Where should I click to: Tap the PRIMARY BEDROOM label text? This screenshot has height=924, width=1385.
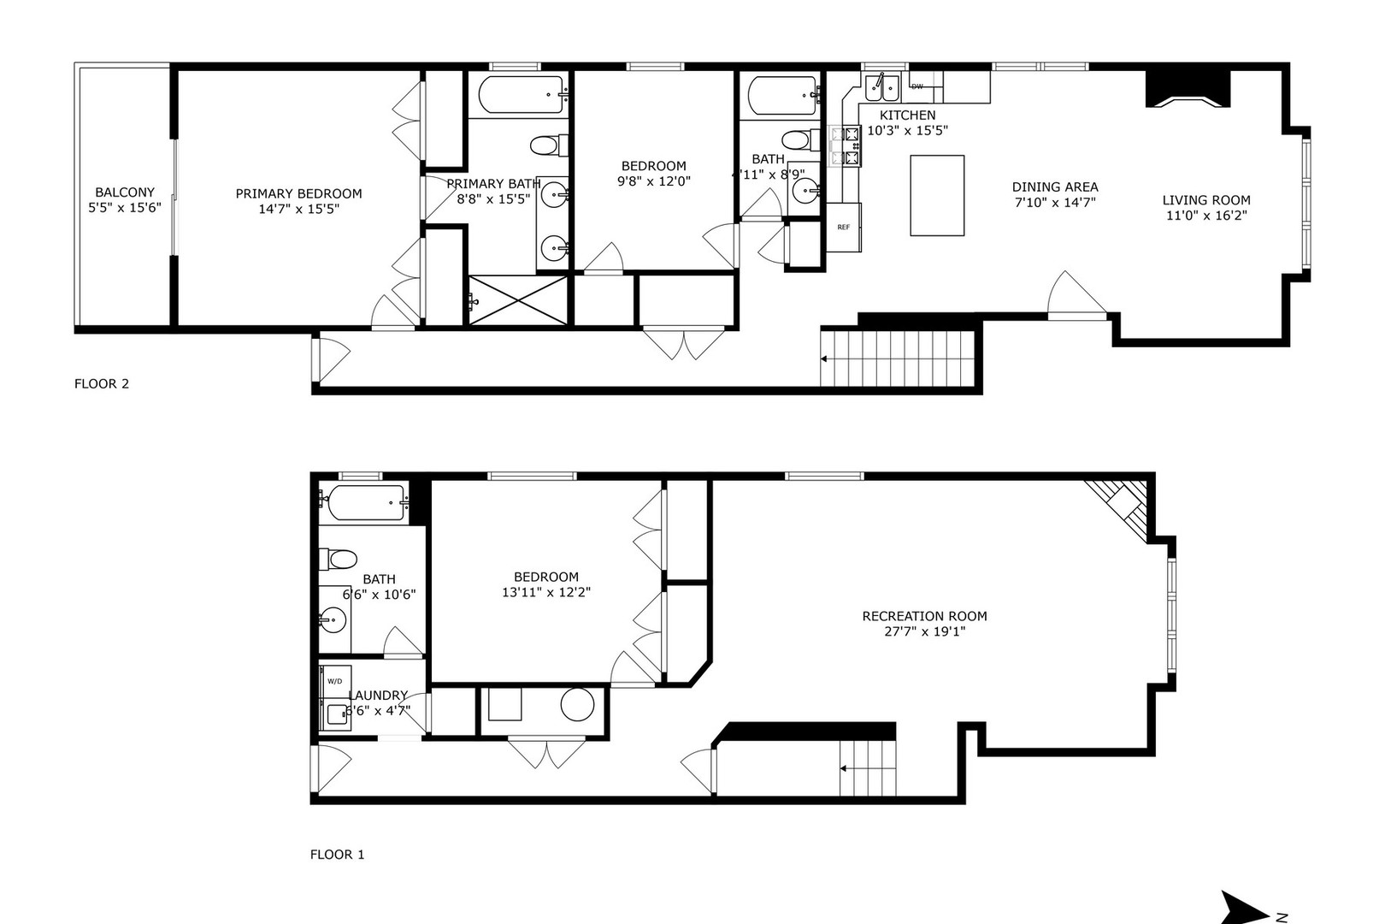(x=298, y=194)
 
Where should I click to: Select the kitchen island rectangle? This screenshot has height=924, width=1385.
(x=937, y=195)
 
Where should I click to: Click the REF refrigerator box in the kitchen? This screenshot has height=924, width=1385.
(x=844, y=227)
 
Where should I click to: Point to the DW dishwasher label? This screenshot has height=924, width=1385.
(x=917, y=86)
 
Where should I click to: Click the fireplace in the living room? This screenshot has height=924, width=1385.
(x=1188, y=89)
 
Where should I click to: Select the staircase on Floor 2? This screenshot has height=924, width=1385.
(x=898, y=358)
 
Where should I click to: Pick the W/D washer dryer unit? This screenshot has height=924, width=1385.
(x=335, y=681)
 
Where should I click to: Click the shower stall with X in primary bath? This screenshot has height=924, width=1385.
(x=518, y=300)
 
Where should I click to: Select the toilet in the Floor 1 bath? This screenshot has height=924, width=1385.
(x=338, y=560)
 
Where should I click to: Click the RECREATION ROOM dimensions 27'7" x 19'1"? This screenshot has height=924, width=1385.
(x=924, y=631)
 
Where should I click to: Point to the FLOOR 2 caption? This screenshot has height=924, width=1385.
(x=102, y=383)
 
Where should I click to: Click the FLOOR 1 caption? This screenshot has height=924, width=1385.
(x=337, y=854)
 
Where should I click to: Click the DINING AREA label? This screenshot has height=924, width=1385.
(x=1055, y=187)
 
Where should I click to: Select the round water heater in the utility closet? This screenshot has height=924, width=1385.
(x=577, y=705)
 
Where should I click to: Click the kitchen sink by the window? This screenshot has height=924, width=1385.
(x=880, y=85)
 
